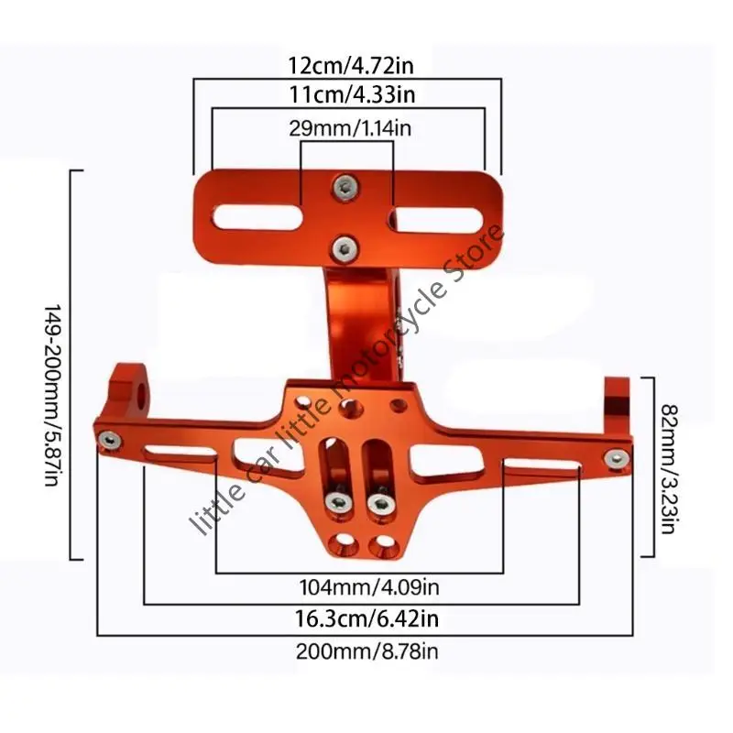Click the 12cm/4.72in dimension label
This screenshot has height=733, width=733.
pyautogui.click(x=351, y=65)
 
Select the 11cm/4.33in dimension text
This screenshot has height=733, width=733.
pyautogui.click(x=352, y=94)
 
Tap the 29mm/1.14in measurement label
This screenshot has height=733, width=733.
pyautogui.click(x=350, y=128)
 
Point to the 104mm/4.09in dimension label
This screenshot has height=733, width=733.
pyautogui.click(x=369, y=587)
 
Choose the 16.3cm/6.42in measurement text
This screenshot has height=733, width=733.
pyautogui.click(x=367, y=619)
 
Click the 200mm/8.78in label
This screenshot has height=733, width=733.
pyautogui.click(x=367, y=651)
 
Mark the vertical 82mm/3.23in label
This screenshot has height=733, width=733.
pyautogui.click(x=669, y=469)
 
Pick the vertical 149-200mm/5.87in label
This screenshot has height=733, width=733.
pyautogui.click(x=53, y=395)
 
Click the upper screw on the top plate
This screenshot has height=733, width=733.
pyautogui.click(x=346, y=188)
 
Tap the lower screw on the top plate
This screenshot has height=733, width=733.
pyautogui.click(x=345, y=247)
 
